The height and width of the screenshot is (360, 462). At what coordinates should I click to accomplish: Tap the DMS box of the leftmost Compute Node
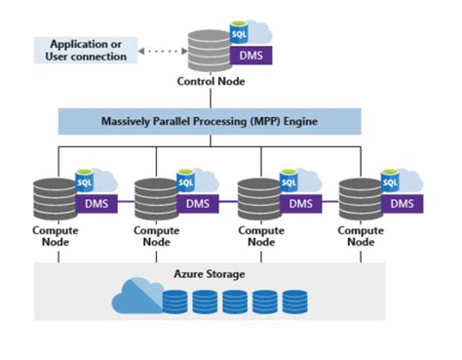[96, 205]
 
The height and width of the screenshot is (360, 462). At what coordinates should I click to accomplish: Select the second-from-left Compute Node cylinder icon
[154, 200]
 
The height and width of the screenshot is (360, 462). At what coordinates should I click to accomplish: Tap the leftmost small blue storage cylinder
[175, 300]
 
